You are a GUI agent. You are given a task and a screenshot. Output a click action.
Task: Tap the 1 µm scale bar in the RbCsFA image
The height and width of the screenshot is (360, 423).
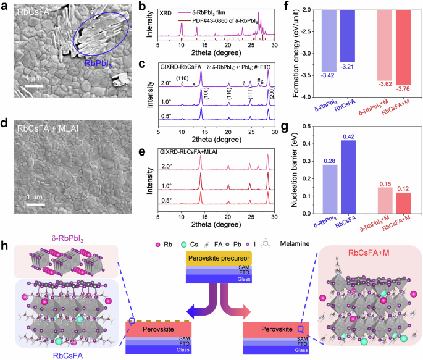[x=33, y=86]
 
